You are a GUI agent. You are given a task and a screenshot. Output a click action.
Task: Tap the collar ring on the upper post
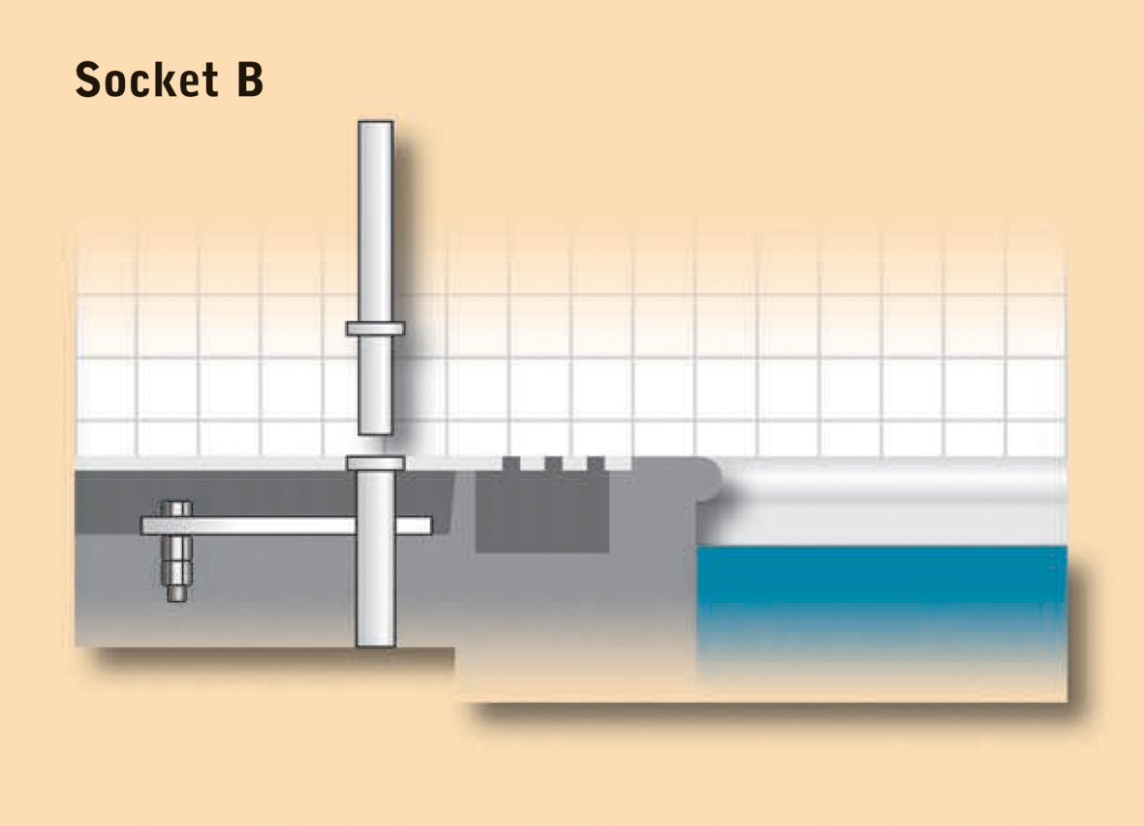coord(375,329)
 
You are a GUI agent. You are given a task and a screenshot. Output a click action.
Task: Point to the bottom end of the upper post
coord(376,432)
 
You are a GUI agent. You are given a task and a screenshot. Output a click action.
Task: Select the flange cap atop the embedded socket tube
coord(376,463)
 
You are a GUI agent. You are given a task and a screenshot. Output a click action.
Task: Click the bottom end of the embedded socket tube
coord(376,645)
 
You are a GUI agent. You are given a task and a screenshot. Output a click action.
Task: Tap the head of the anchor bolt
coord(176,508)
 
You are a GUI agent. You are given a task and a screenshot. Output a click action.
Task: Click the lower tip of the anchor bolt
coord(176,599)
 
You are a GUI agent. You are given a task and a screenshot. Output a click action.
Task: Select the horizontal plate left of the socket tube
coord(248,525)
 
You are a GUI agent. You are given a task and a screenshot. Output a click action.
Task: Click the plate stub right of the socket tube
coord(414,525)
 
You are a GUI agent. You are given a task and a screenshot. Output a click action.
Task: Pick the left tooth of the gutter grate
coord(510,463)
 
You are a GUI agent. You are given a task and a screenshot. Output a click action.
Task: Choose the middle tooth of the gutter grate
coord(553,463)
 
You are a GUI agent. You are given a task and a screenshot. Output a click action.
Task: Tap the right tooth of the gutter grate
coord(596,463)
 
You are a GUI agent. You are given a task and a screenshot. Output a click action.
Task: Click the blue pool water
coord(882,585)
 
